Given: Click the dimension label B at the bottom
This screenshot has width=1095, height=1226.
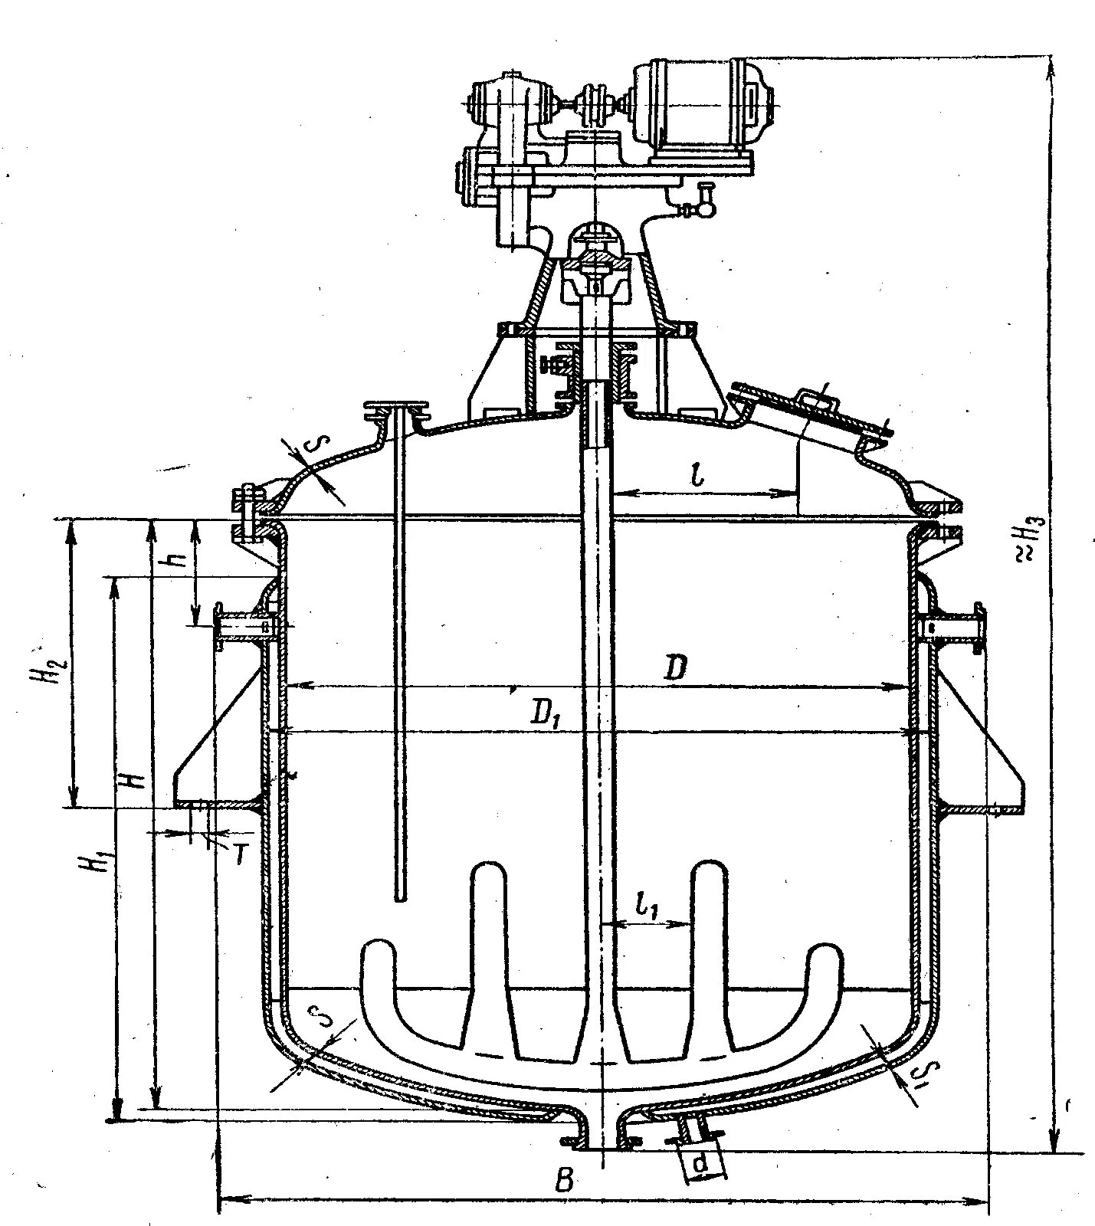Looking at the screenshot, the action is point(565,1180).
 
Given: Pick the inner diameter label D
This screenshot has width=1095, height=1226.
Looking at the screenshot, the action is point(674,670).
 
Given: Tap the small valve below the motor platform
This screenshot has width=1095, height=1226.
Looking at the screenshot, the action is point(703,205).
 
